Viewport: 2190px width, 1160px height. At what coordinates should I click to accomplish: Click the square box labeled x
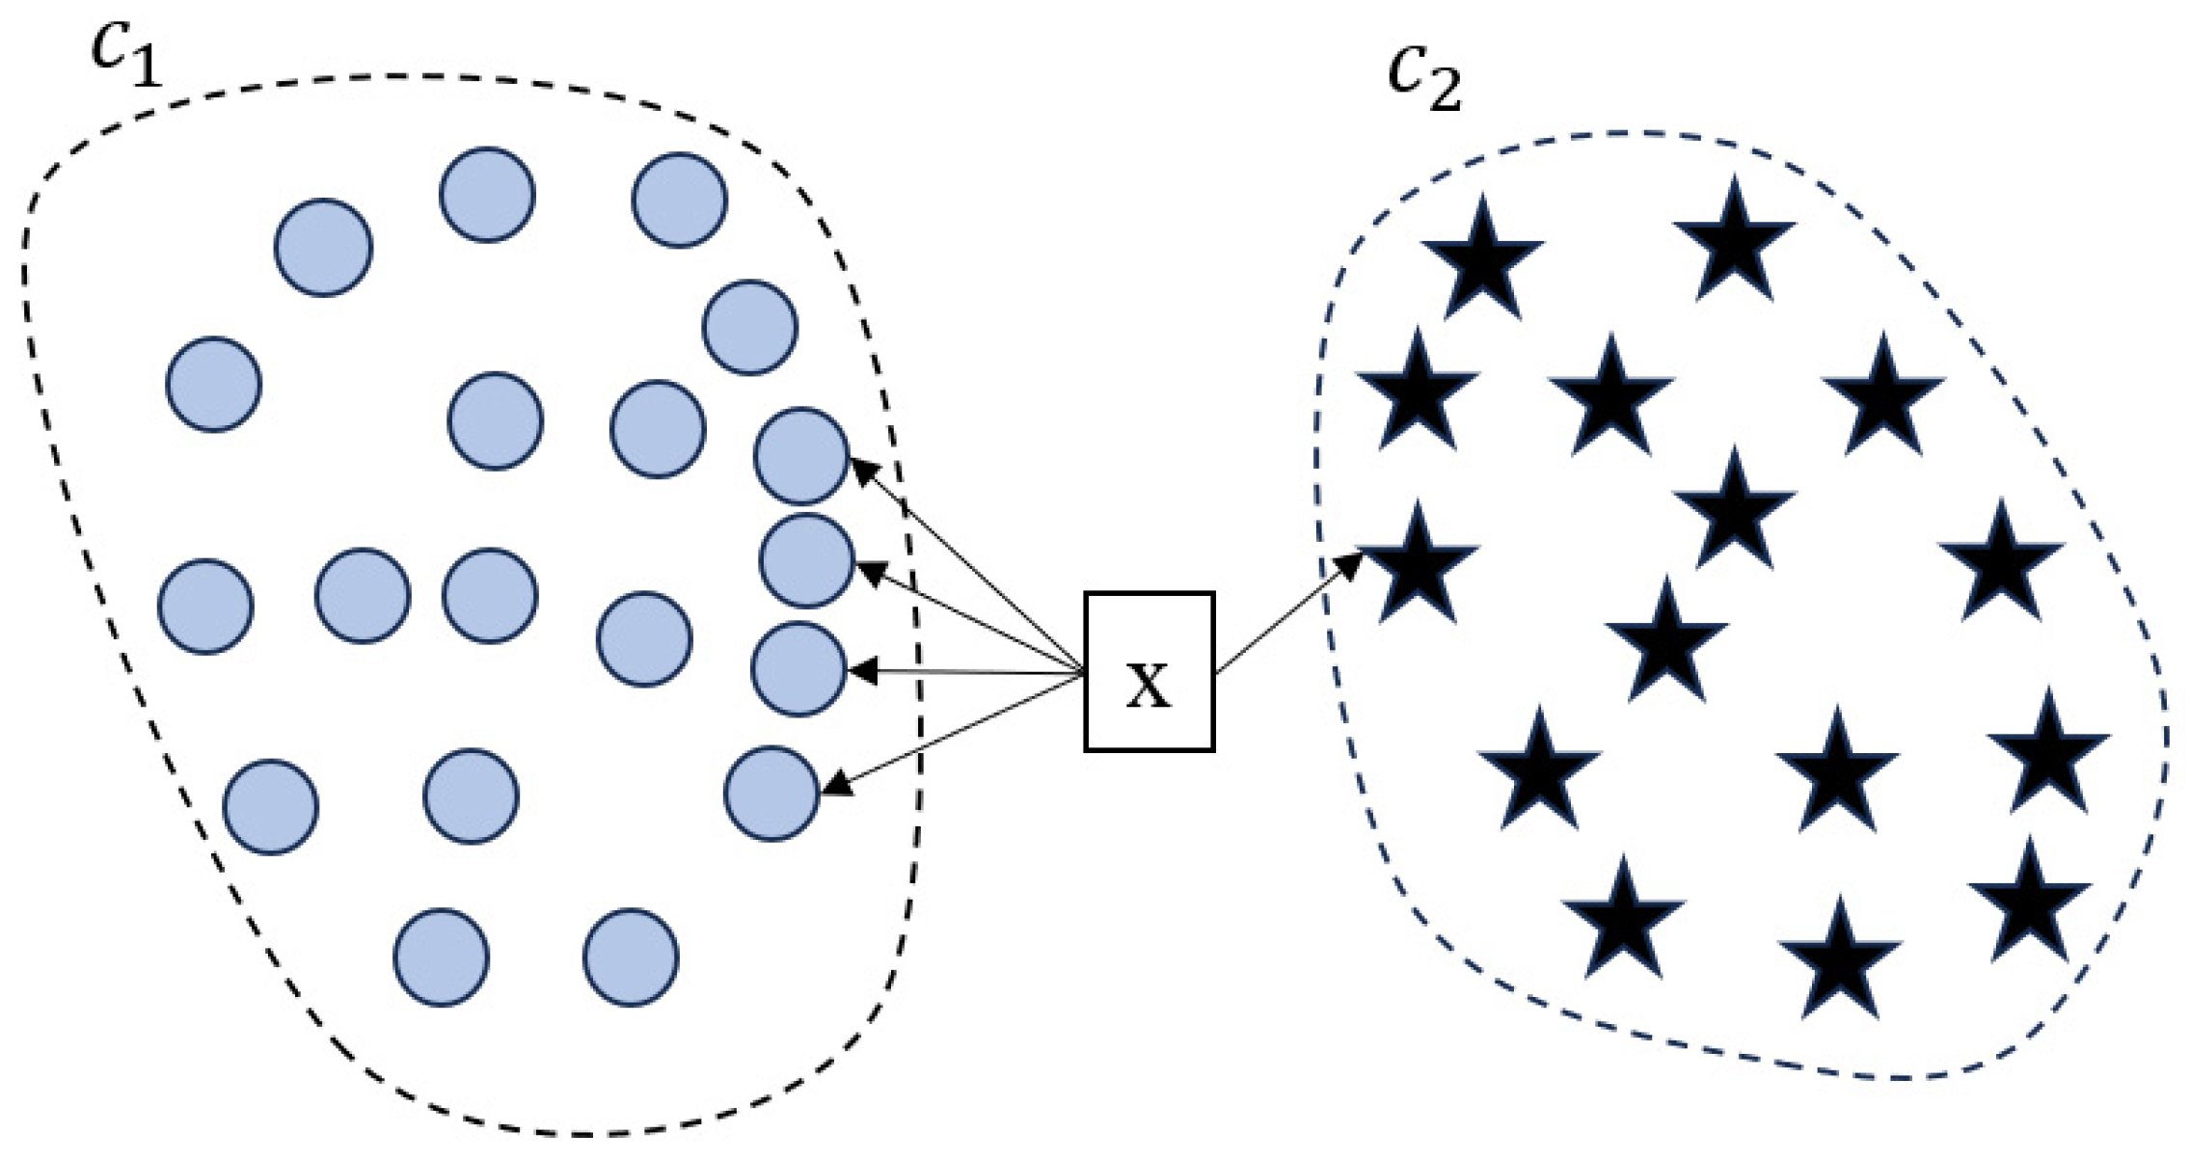coord(1149,671)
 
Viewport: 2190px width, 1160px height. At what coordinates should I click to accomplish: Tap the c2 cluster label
coord(1424,77)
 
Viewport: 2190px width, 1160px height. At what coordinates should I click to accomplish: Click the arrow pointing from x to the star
coord(1287,614)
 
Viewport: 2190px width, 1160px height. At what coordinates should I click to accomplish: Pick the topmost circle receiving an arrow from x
coord(800,456)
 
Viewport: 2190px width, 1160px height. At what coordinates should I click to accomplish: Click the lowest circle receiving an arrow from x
coord(771,793)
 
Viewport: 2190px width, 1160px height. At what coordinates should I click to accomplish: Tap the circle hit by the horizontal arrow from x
coord(798,668)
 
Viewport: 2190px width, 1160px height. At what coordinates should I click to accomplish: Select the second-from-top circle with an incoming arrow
coord(806,560)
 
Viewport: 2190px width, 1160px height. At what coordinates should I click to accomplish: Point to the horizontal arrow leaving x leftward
coord(964,671)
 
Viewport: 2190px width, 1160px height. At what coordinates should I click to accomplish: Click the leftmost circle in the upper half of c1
coord(213,384)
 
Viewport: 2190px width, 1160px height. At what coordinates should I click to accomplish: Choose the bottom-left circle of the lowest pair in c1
coord(441,958)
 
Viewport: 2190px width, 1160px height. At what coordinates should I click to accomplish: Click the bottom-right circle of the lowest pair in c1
coord(631,958)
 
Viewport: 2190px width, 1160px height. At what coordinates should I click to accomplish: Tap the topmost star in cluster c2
coord(1734,241)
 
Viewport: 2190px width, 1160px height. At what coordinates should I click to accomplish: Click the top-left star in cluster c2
coord(1482,260)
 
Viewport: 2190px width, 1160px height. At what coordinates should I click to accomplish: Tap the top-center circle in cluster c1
coord(487,195)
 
